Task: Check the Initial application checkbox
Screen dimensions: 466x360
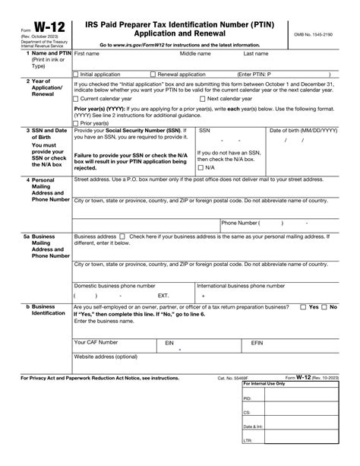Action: [74, 74]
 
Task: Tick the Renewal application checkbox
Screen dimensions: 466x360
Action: [153, 74]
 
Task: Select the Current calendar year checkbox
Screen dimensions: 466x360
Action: [74, 99]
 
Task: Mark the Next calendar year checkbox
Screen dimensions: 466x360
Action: [202, 99]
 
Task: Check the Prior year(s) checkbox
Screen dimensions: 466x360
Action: [74, 123]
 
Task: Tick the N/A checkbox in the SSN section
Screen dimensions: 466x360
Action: [200, 167]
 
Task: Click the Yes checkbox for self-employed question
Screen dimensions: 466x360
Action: [305, 306]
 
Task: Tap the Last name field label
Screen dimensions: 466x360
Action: [255, 55]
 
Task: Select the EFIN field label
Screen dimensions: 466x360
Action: [257, 343]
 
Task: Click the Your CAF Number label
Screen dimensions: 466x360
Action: [96, 343]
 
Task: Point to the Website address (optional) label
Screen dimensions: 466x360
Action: [106, 357]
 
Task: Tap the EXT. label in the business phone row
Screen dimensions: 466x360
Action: [163, 294]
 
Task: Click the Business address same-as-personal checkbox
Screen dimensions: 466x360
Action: [123, 237]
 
